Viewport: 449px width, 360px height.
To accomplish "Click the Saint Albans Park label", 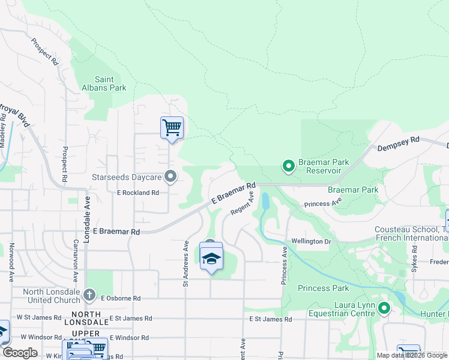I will pyautogui.click(x=110, y=83).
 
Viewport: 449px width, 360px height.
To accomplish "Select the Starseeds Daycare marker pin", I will pyautogui.click(x=171, y=177).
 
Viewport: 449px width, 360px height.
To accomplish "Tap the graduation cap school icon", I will pyautogui.click(x=211, y=258).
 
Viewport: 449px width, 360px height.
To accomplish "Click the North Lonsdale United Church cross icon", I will pyautogui.click(x=89, y=294).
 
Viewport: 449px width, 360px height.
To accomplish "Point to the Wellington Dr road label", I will pyautogui.click(x=311, y=241).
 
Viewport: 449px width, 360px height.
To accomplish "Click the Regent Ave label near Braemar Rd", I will pyautogui.click(x=243, y=205).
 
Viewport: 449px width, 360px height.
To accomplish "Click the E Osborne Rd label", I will pyautogui.click(x=121, y=298).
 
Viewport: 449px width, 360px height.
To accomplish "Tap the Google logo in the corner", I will pyautogui.click(x=20, y=353).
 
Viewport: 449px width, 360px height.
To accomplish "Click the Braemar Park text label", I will pyautogui.click(x=353, y=190).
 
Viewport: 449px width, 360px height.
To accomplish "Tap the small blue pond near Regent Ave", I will pyautogui.click(x=265, y=201).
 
